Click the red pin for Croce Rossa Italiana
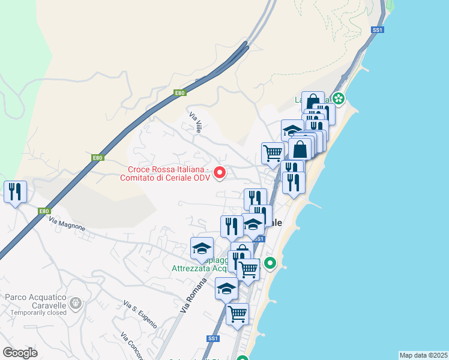click(x=220, y=173)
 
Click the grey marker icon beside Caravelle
click(x=75, y=302)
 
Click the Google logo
click(x=20, y=352)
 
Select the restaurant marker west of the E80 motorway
click(x=15, y=192)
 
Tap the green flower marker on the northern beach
click(x=339, y=98)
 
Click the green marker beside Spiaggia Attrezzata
click(x=270, y=263)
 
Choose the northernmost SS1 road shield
click(x=377, y=29)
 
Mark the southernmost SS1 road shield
click(x=212, y=338)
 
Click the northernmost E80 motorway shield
click(x=179, y=93)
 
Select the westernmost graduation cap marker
click(x=202, y=248)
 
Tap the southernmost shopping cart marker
click(x=238, y=313)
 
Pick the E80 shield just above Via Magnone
click(x=44, y=211)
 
